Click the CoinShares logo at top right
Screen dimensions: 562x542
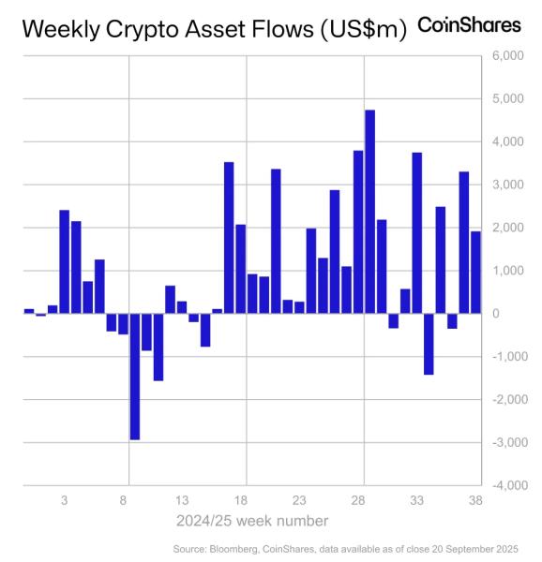(469, 25)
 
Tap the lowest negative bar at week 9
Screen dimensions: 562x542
(135, 376)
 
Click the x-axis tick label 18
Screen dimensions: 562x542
(241, 501)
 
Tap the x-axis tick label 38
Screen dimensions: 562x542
(475, 501)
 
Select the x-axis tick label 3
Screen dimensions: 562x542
(65, 501)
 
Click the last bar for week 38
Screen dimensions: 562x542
(475, 272)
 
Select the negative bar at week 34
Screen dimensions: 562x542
(429, 344)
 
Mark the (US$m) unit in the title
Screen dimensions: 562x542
(362, 30)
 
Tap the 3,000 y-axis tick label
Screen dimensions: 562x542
(504, 185)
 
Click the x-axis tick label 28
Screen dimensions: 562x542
(358, 501)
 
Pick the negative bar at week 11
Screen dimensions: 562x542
(158, 347)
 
